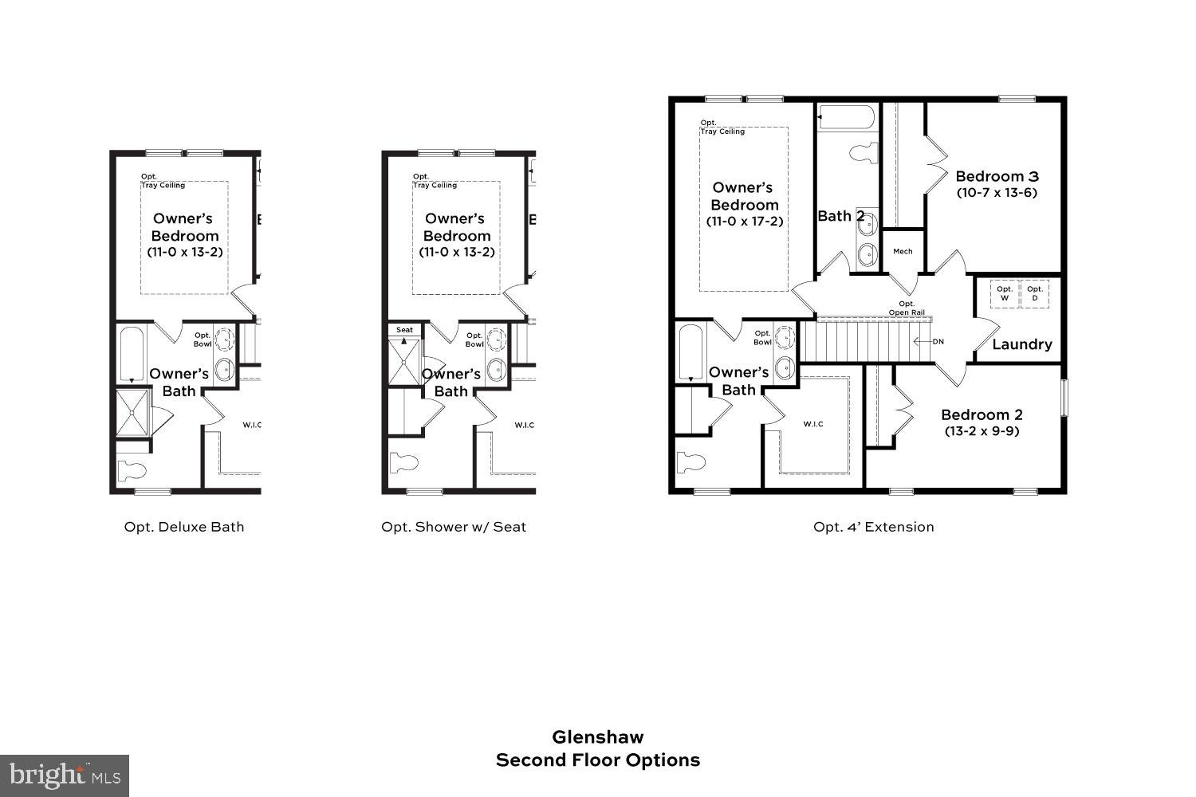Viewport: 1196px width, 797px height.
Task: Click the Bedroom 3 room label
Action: click(997, 176)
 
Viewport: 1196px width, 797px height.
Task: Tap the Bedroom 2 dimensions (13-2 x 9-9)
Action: click(982, 431)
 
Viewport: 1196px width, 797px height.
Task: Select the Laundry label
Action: click(1021, 344)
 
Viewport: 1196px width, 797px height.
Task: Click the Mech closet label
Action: click(903, 251)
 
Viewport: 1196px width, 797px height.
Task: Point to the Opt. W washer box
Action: click(1005, 293)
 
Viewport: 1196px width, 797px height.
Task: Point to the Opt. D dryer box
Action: click(1035, 293)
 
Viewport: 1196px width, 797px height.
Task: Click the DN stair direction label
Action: click(938, 342)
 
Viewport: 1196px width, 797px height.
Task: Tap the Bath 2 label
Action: click(840, 216)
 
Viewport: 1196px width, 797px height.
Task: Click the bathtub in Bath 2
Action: click(847, 117)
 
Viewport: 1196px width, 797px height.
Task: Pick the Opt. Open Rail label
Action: click(907, 308)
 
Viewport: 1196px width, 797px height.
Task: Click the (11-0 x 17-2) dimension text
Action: click(745, 222)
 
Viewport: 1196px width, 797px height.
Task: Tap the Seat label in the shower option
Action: click(405, 330)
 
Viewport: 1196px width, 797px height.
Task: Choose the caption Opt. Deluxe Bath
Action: click(184, 527)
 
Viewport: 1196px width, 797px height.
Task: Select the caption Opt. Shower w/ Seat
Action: click(454, 527)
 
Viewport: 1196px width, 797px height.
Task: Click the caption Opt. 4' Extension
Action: click(873, 527)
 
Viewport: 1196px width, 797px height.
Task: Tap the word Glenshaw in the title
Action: click(598, 737)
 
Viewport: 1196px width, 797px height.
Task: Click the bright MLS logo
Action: click(64, 775)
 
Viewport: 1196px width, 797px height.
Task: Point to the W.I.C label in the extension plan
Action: click(813, 424)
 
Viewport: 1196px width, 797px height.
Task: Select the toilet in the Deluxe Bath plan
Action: click(133, 470)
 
